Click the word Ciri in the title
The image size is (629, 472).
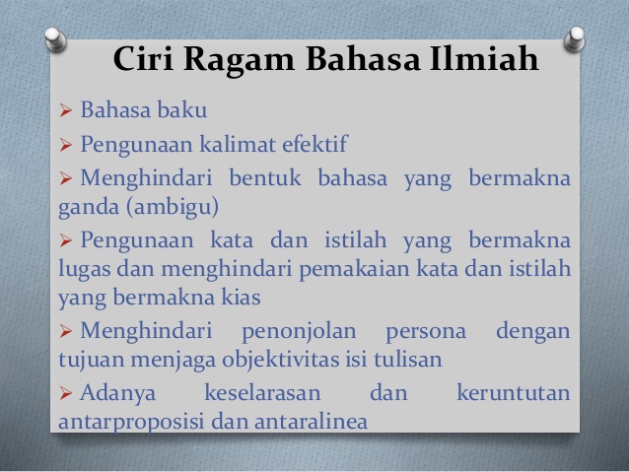[x=143, y=59]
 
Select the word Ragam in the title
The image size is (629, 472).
[x=240, y=61]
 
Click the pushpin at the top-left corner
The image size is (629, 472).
[x=55, y=38]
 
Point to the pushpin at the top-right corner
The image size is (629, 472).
[x=575, y=38]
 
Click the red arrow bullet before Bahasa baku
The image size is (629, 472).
[x=65, y=110]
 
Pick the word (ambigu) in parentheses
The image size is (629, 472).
[x=173, y=207]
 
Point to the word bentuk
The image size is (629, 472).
[x=265, y=177]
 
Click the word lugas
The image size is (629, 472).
[x=84, y=269]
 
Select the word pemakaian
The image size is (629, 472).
[x=354, y=269]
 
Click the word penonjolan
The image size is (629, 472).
[x=299, y=332]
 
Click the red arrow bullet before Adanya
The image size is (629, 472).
[x=65, y=393]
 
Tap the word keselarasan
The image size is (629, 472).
[x=263, y=392]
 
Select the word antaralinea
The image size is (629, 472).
[x=311, y=421]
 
